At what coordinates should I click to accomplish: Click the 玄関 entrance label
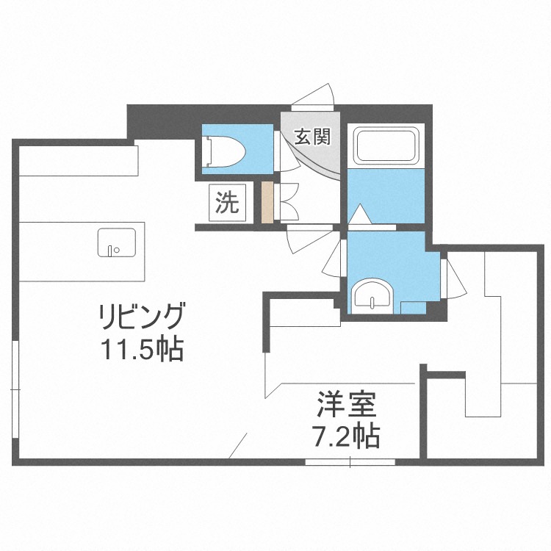click(311, 137)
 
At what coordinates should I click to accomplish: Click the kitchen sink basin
click(116, 243)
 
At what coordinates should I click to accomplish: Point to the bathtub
click(386, 146)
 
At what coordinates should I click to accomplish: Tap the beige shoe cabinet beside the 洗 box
click(267, 203)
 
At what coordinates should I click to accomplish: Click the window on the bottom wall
click(350, 461)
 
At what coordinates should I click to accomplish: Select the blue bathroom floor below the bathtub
click(386, 195)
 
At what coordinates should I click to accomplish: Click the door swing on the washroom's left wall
click(335, 257)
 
